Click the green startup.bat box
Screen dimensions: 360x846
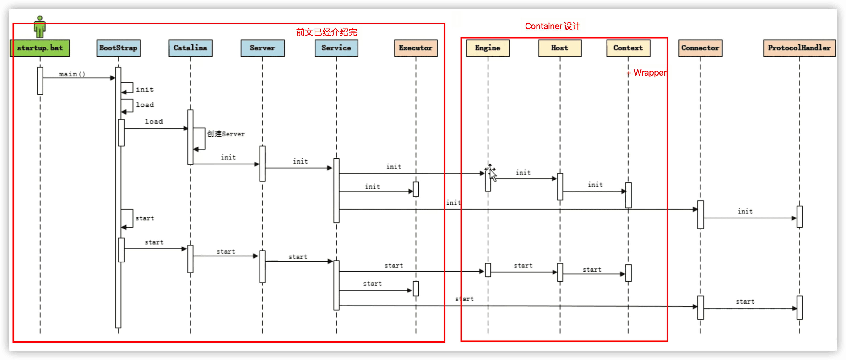(x=40, y=48)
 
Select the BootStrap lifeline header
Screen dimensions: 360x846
(x=118, y=48)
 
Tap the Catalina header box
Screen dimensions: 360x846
(x=190, y=48)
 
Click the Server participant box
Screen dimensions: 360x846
(x=262, y=48)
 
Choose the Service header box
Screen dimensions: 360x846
(x=336, y=48)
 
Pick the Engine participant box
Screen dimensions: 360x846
(x=488, y=48)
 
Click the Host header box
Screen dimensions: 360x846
(x=560, y=48)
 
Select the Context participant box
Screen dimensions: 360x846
(x=628, y=48)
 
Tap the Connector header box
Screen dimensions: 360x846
(x=700, y=48)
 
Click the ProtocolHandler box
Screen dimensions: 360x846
(x=799, y=48)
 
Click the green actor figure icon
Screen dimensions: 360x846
(x=40, y=27)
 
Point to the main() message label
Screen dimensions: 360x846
(x=72, y=74)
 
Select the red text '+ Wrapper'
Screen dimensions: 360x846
(x=646, y=73)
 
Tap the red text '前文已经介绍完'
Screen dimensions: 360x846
(x=326, y=32)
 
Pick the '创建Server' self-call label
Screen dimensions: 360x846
(x=226, y=134)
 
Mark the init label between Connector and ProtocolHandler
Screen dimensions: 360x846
(x=745, y=212)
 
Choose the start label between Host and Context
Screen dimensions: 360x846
(x=592, y=270)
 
